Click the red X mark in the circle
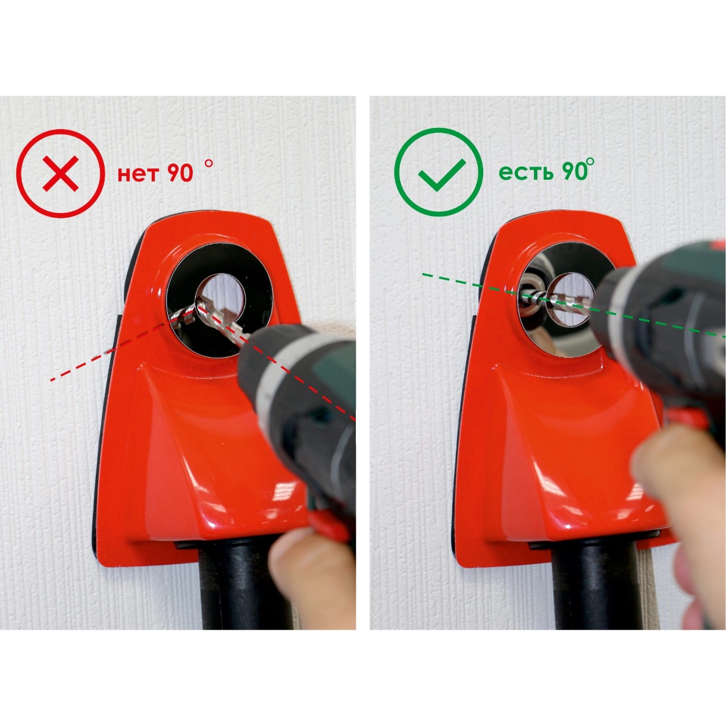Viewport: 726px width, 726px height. coord(61,173)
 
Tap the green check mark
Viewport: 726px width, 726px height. coord(442,174)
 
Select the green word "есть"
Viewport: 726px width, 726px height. coord(526,173)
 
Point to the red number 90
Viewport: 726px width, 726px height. coord(180,173)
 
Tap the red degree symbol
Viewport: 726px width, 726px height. coord(209,163)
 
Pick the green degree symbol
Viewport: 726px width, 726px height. coord(590,162)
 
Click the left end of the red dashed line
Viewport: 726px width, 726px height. coord(51,380)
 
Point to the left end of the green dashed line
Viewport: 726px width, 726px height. coord(423,275)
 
